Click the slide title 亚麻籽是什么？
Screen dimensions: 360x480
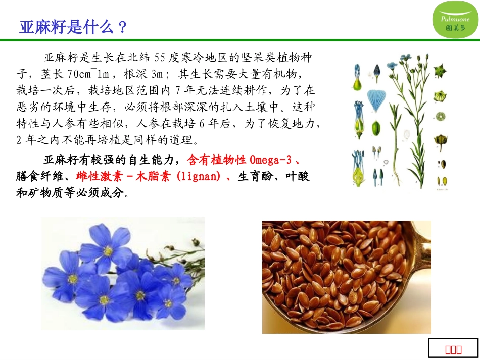pyautogui.click(x=73, y=27)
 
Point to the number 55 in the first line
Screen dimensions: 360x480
pyautogui.click(x=160, y=57)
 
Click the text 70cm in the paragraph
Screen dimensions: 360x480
pyautogui.click(x=78, y=74)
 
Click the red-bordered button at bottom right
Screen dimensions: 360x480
pyautogui.click(x=453, y=348)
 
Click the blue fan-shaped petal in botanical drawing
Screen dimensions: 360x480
pyautogui.click(x=376, y=98)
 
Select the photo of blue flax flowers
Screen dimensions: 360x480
pyautogui.click(x=123, y=273)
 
